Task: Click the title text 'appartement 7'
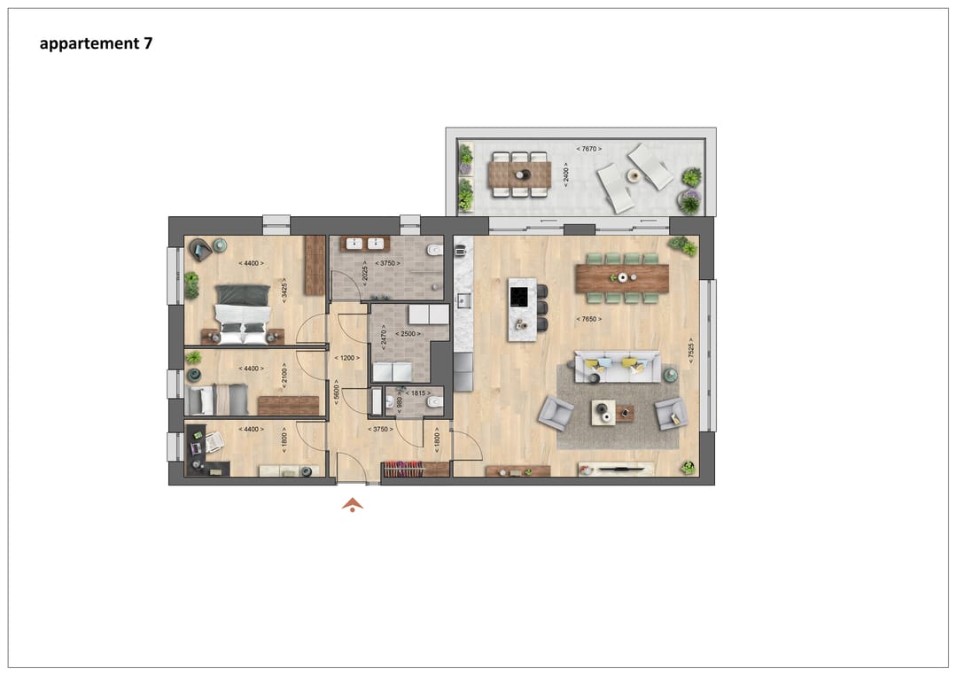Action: coord(96,43)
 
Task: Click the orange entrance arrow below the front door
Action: coord(353,505)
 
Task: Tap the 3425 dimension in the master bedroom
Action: coord(284,291)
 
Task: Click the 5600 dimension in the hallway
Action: coord(336,392)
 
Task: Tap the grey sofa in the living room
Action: coord(617,367)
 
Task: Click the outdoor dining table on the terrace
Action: coord(519,174)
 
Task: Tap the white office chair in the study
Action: coord(214,442)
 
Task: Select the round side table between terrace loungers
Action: coord(633,175)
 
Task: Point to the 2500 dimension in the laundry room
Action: coord(408,334)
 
